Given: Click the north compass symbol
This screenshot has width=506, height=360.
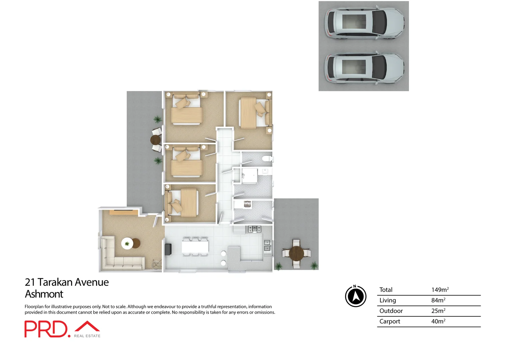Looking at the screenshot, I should (356, 296).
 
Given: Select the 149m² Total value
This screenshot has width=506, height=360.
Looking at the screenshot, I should (440, 290).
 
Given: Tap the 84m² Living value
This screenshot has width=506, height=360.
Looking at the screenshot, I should (438, 300).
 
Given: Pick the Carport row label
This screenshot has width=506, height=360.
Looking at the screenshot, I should (390, 321).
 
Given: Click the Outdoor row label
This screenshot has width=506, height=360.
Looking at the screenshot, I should (391, 311).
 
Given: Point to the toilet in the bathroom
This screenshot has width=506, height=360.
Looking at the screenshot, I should (267, 159).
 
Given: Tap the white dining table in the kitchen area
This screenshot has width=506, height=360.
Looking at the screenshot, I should (195, 247).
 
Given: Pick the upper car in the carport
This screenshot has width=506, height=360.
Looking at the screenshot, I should (364, 23).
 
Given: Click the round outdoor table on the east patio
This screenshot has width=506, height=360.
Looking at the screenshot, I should (296, 253).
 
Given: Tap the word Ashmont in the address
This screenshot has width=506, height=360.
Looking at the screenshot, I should (44, 294).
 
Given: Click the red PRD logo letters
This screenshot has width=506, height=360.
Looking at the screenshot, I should (46, 329).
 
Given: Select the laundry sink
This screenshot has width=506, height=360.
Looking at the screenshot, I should (247, 204).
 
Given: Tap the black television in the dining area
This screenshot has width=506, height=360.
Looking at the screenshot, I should (168, 249).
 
